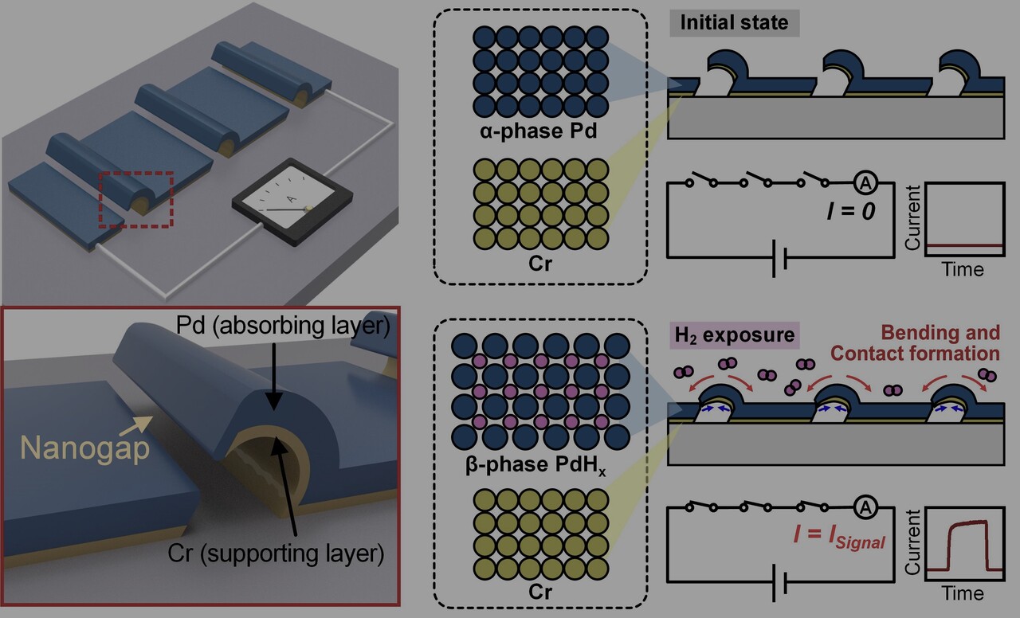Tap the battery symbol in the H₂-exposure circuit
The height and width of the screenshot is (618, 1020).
coord(779,585)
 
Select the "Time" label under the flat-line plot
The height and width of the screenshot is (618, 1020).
coord(963,268)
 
